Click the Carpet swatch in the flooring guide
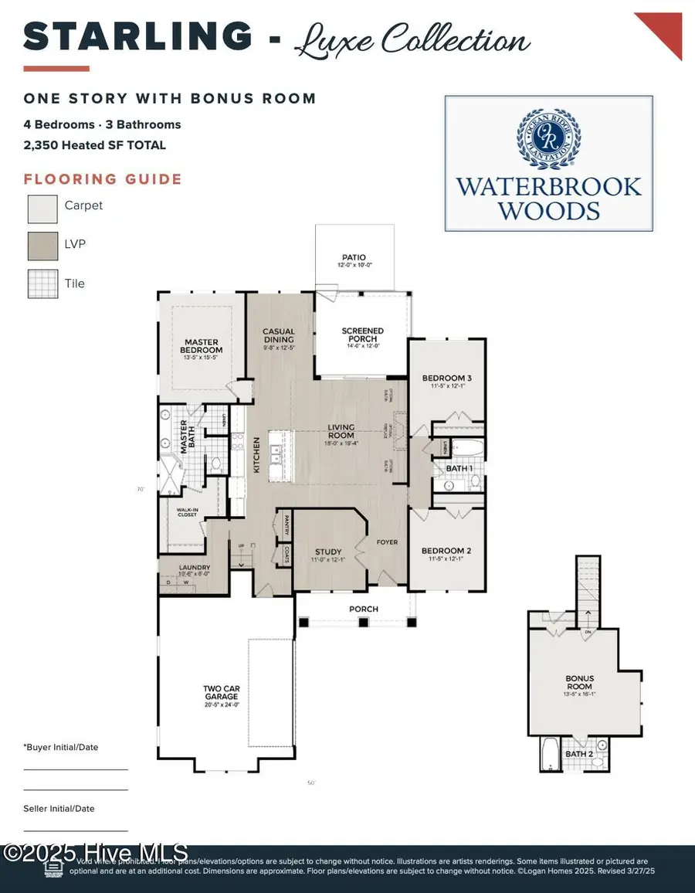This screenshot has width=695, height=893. coord(42,208)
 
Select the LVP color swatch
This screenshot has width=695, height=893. coord(42,246)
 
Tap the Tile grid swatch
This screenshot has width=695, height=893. coord(42,284)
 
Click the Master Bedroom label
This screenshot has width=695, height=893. coord(202,346)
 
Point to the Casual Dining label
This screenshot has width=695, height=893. coord(278,335)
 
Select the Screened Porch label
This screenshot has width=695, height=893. coord(362,335)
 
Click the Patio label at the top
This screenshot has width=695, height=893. coord(354,257)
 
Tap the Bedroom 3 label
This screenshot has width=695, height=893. coord(446,378)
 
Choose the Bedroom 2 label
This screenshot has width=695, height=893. coord(446,551)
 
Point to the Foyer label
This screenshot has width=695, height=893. coord(387,542)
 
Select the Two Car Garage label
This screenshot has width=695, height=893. coord(222,692)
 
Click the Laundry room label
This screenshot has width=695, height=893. coord(194,567)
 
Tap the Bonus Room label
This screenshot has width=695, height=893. coord(579,682)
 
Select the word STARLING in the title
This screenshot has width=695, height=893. coord(137,36)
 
